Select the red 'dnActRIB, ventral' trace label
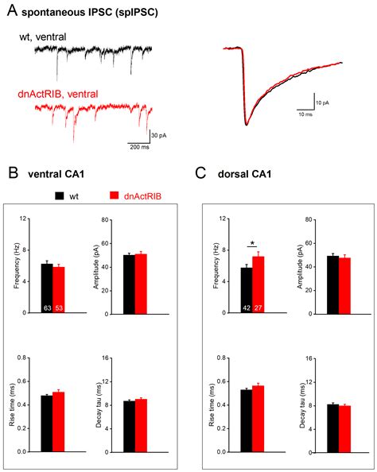59,95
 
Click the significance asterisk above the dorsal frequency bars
252,243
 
